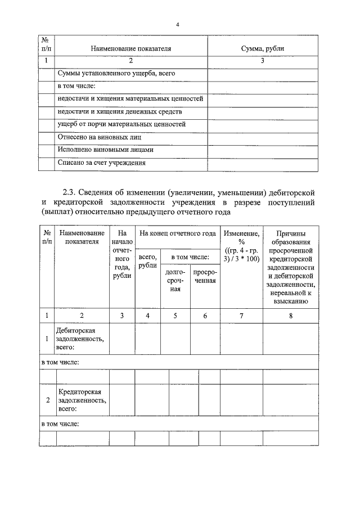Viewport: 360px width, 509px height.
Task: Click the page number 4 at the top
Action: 178,24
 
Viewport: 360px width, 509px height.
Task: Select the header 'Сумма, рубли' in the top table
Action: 262,49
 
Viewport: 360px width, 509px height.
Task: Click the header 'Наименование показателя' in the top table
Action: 130,49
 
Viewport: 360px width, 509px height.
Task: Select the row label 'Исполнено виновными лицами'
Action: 105,150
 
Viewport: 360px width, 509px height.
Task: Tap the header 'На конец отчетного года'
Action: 177,233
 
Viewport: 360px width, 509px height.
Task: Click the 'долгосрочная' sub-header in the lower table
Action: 175,280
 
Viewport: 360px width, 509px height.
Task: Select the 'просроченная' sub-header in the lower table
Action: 205,276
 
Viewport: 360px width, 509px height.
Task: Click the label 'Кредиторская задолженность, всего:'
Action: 82,400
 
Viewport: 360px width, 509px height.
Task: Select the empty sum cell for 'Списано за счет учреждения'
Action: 262,163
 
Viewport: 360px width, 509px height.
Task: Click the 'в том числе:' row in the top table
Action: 77,86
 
